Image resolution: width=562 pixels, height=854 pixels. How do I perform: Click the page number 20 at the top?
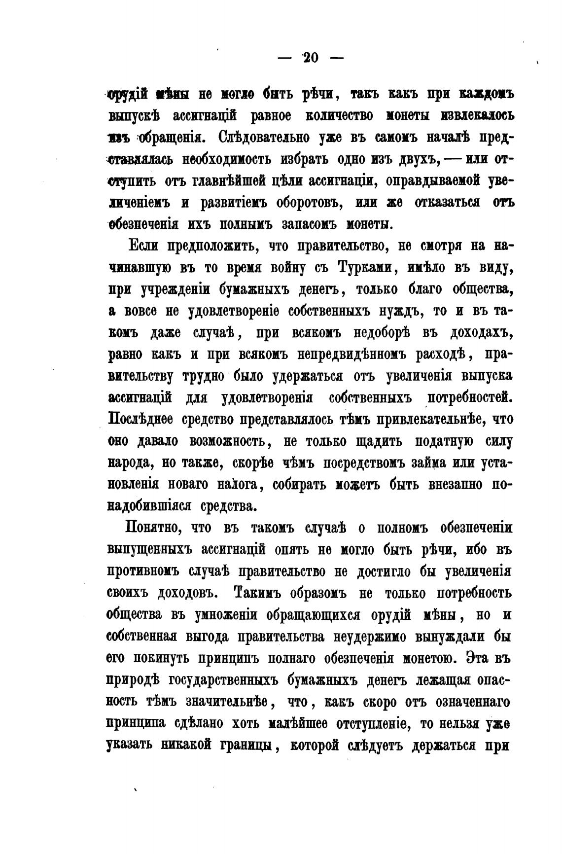(311, 58)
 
